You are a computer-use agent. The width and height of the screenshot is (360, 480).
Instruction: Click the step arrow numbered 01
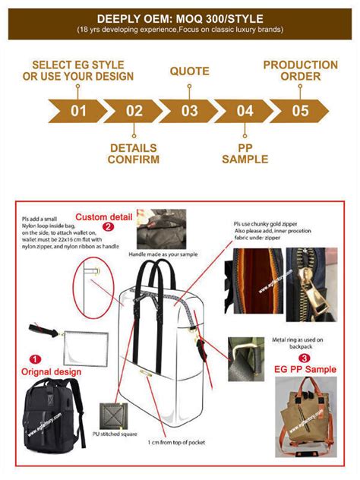pos(78,112)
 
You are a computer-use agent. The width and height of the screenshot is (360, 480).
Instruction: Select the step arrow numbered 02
pos(134,112)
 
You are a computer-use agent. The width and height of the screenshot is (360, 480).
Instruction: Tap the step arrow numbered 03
pos(189,112)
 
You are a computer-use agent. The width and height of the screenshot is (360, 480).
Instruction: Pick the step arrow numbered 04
pos(245,112)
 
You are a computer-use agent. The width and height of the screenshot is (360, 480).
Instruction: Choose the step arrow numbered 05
pos(300,112)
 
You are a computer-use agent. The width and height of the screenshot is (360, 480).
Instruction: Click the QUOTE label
pos(189,71)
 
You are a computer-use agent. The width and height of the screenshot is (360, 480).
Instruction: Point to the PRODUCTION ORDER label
pos(300,71)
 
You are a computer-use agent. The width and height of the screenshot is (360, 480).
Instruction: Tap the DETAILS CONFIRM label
pos(134,153)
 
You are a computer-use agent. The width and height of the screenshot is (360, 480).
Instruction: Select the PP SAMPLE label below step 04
pos(245,153)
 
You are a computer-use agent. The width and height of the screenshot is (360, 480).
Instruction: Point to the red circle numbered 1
pos(34,358)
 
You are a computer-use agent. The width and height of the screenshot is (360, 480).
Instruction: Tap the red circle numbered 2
pos(109,226)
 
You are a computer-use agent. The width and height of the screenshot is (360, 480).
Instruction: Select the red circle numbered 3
pos(304,357)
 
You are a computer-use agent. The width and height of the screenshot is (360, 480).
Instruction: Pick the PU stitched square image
pos(113,416)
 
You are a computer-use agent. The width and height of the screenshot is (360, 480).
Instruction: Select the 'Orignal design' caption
pos(51,371)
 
